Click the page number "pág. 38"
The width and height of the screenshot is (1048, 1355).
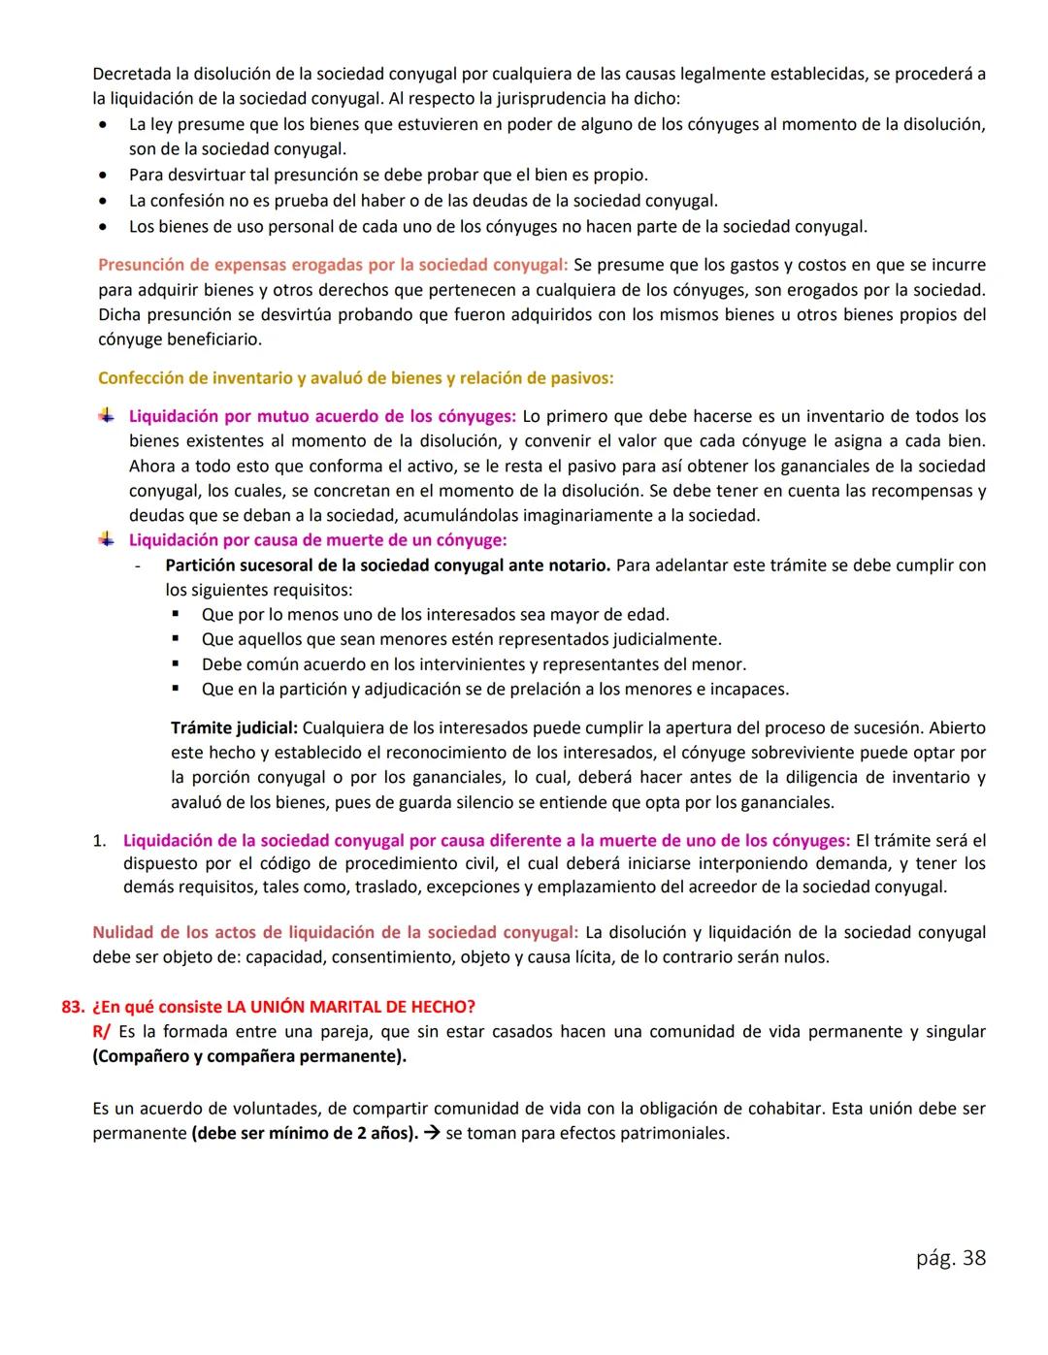click(950, 1258)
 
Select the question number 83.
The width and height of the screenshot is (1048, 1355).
click(73, 1006)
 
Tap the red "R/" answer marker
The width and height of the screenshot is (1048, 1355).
click(101, 1031)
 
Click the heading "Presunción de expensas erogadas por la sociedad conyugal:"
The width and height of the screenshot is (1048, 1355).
click(333, 265)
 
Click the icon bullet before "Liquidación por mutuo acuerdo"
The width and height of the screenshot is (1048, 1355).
click(106, 415)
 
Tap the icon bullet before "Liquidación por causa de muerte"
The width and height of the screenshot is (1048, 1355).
click(106, 539)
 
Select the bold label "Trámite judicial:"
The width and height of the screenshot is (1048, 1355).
click(234, 727)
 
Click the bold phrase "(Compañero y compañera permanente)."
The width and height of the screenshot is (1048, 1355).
click(249, 1056)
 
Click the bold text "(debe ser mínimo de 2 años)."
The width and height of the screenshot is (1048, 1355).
click(305, 1133)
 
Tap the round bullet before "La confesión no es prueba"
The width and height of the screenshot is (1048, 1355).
click(103, 202)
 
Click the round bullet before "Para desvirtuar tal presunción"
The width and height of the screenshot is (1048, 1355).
click(103, 176)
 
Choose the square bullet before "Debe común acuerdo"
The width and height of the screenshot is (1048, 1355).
click(177, 664)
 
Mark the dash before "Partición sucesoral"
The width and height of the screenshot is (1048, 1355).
click(139, 565)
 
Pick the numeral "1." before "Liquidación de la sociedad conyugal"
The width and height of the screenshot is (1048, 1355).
click(100, 840)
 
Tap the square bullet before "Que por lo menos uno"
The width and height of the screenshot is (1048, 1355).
click(177, 614)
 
